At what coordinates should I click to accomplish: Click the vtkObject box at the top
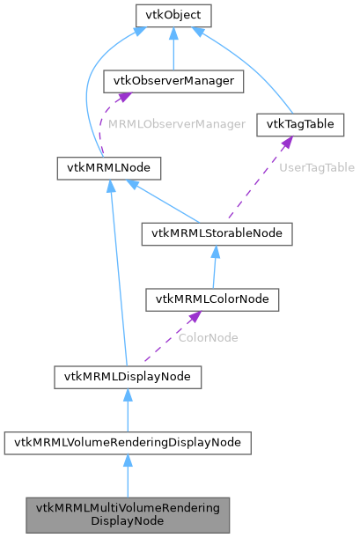[x=173, y=15]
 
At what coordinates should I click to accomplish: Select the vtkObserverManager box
[x=173, y=81]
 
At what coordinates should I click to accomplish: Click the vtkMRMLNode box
[x=107, y=167]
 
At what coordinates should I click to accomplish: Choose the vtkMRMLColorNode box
[x=212, y=299]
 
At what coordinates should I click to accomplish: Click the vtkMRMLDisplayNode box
[x=128, y=377]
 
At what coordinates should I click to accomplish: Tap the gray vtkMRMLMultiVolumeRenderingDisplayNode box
[x=128, y=514]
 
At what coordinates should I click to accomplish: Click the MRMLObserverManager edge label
[x=177, y=124]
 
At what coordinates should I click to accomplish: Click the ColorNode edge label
[x=207, y=337]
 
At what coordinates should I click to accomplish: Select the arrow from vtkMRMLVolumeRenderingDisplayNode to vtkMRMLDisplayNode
[x=128, y=409]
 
